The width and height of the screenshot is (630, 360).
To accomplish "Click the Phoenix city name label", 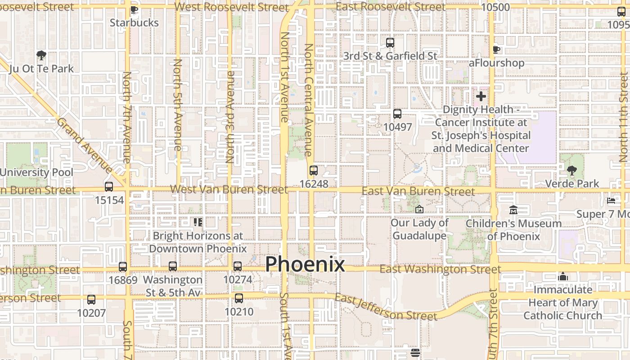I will click(x=305, y=264).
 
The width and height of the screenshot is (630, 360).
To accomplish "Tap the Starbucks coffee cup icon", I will click(x=134, y=9).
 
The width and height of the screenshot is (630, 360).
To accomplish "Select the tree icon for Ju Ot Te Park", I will click(x=41, y=55).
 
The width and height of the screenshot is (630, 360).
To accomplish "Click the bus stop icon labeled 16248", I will click(x=314, y=171).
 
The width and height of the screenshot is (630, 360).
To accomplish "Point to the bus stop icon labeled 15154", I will click(x=109, y=187).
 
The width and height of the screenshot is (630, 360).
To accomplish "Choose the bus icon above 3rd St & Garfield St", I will click(x=390, y=43).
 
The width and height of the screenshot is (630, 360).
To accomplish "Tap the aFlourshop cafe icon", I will click(x=496, y=49).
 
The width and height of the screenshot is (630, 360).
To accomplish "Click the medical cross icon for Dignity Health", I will click(x=481, y=96).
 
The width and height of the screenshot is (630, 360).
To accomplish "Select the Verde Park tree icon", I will click(x=571, y=171).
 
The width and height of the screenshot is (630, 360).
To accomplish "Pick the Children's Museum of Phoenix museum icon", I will click(x=513, y=210).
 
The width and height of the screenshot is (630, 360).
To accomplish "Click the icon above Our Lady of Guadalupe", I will click(x=419, y=209).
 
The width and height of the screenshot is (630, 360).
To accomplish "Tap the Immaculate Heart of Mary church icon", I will click(x=562, y=276).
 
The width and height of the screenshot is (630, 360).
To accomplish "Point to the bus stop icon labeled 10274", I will click(x=238, y=266).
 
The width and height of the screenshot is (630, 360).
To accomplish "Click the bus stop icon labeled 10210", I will click(x=239, y=298).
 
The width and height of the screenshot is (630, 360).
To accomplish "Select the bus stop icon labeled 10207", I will click(x=91, y=299).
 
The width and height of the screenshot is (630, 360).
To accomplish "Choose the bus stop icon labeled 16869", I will click(x=123, y=266).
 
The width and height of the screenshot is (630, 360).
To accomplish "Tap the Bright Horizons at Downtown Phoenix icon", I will click(x=198, y=222).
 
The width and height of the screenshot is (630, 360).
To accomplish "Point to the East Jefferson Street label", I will click(x=386, y=307).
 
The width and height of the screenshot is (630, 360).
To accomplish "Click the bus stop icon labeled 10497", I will click(x=397, y=114).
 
